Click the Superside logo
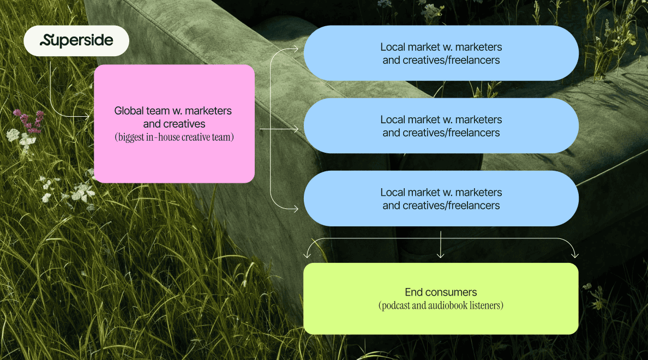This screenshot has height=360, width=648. [76, 40]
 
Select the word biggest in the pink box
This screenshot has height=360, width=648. [133, 137]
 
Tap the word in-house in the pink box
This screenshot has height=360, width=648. [172, 137]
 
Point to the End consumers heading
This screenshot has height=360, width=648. [441, 292]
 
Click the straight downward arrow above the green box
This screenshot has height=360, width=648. [440, 248]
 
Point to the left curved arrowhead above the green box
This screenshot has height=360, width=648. [308, 255]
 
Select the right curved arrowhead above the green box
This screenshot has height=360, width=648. [574, 255]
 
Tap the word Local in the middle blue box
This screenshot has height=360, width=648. [393, 119]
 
